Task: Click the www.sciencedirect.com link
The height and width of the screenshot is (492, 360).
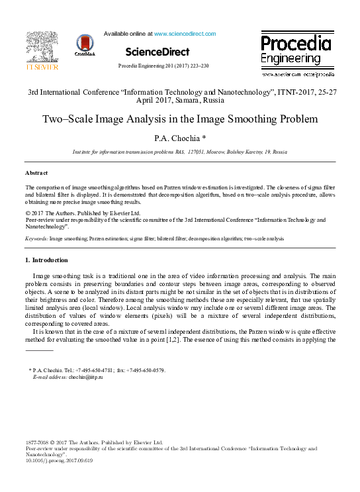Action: [185, 34]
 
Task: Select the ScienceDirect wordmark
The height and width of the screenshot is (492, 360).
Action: [157, 52]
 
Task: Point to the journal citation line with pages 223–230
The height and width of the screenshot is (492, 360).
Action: [163, 66]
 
